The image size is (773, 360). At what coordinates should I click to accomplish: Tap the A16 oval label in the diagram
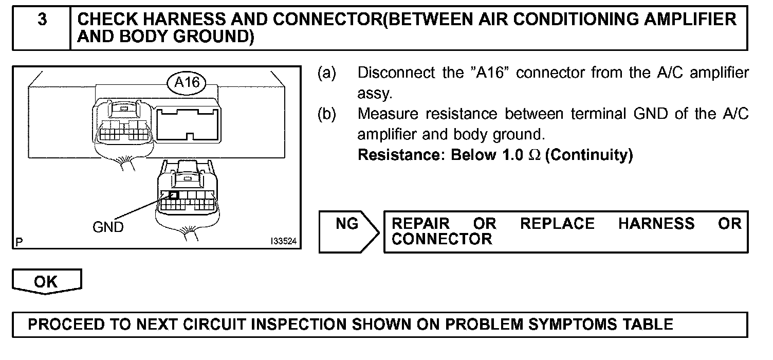(186, 82)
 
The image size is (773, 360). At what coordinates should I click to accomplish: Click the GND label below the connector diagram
(108, 227)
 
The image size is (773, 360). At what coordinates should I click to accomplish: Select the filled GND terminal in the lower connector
(173, 195)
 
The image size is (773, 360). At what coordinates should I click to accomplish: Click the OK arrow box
(46, 282)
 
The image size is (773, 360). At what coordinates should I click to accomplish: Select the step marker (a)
(326, 73)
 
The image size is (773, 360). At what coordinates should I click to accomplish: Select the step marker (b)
(326, 114)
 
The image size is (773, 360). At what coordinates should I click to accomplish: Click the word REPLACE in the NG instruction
(557, 224)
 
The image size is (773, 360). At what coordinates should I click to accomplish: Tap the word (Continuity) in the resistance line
(588, 155)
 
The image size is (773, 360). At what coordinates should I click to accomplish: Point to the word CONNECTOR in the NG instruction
(441, 239)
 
